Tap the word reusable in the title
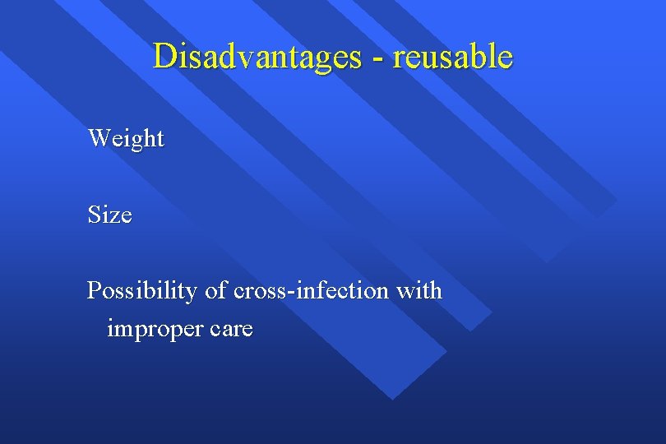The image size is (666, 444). click(452, 57)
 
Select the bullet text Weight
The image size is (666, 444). click(126, 139)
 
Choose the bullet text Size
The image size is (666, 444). click(109, 215)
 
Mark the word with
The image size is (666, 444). click(419, 291)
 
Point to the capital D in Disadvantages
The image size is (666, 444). click(164, 57)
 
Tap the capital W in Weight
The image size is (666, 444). click(99, 137)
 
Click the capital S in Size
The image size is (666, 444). click(95, 215)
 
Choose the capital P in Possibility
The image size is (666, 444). click(94, 291)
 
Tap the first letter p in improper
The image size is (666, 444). click(136, 333)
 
